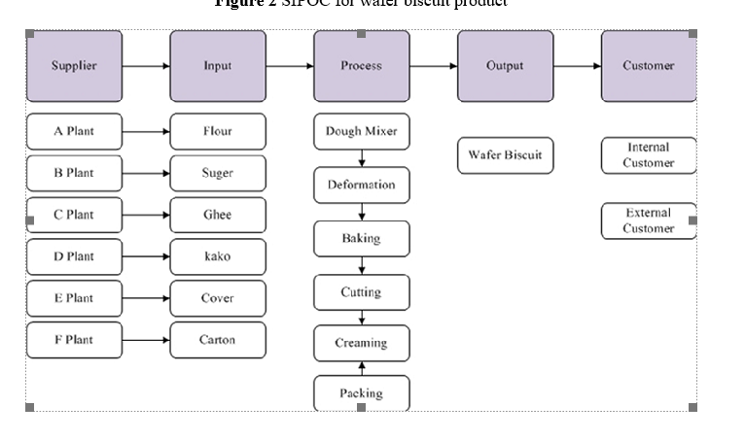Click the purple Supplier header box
(x=74, y=66)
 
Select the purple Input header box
(x=218, y=66)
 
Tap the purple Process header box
(x=362, y=66)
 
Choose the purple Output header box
(x=505, y=66)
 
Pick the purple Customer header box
(x=648, y=66)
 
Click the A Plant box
(x=74, y=131)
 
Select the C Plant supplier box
(x=74, y=215)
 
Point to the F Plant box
(x=74, y=340)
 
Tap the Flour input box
(x=218, y=131)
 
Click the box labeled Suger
(x=218, y=173)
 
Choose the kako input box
(x=218, y=256)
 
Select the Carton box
(x=218, y=340)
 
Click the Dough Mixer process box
(x=362, y=131)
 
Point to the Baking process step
(x=362, y=238)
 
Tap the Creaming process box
(x=362, y=343)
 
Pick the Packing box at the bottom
(x=362, y=393)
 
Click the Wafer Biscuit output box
(x=505, y=155)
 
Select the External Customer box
(x=648, y=220)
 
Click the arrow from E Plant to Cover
(x=146, y=298)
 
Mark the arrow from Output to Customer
(x=577, y=66)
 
